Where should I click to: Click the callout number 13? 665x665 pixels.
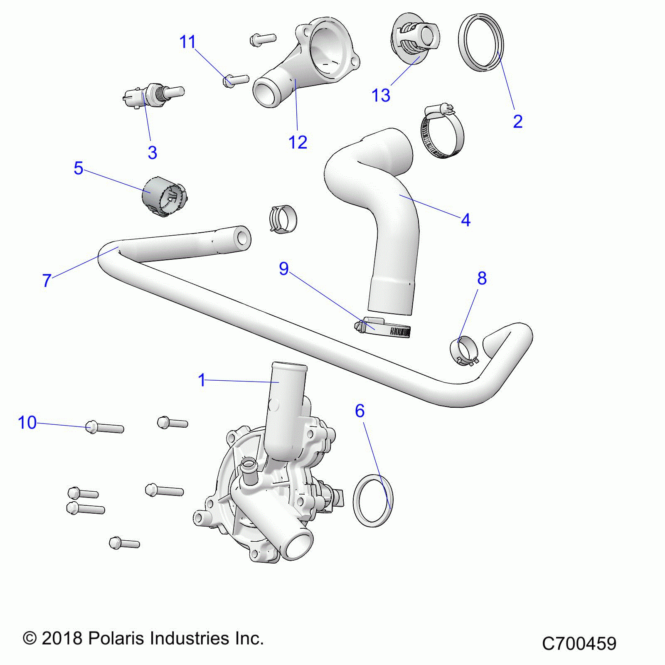[381, 96]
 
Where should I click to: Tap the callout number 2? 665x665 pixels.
[517, 121]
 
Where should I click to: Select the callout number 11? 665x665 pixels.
[187, 42]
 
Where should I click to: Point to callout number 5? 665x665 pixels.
[79, 168]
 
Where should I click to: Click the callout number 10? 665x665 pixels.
[27, 423]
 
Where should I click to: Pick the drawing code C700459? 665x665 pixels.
[579, 644]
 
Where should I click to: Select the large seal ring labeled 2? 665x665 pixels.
[481, 42]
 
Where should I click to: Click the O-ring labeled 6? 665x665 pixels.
[373, 500]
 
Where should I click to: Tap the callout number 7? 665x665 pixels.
[47, 281]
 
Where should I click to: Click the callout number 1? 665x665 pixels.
[202, 380]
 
